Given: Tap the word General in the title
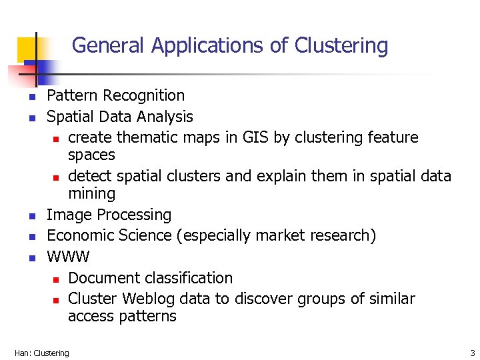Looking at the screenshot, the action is click(109, 45).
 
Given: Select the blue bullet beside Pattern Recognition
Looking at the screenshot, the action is click(31, 97).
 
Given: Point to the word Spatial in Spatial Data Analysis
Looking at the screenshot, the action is click(70, 117).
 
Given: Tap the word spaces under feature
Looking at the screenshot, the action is click(91, 155).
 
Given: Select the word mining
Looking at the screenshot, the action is click(91, 194).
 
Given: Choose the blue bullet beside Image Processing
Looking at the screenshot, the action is click(31, 216).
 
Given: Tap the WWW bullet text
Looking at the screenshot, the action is click(68, 257).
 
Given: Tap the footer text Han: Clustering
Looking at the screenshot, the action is click(41, 353).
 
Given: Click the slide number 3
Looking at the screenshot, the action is click(472, 353).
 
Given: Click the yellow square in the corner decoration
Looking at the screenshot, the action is click(28, 48).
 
